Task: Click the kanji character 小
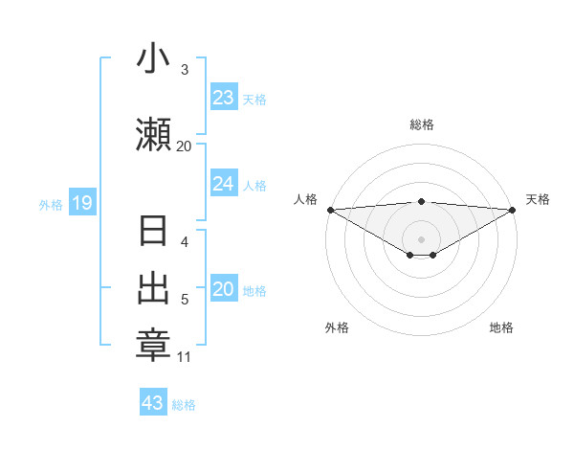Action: click(154, 60)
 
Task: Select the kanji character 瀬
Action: click(154, 133)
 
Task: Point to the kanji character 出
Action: click(154, 287)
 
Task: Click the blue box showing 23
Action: click(224, 98)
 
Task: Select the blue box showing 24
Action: click(224, 184)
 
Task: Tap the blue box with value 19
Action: click(81, 203)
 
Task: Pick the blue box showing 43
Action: click(153, 403)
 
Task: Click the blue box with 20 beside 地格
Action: click(224, 290)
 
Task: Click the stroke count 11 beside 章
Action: click(184, 357)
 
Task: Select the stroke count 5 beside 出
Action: click(184, 300)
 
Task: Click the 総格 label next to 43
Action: click(184, 405)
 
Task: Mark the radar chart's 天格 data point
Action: click(513, 210)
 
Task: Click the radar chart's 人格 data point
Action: click(330, 210)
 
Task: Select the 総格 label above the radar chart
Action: click(421, 124)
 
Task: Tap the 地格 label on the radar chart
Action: click(501, 327)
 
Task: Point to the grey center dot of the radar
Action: click(421, 238)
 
